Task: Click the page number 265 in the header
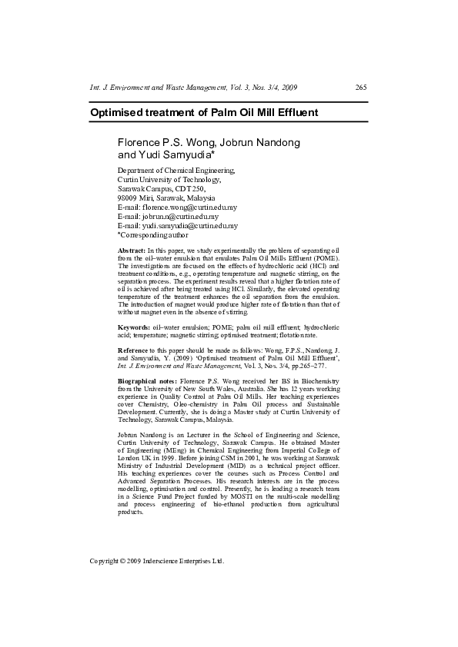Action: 361,88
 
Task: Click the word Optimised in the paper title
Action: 118,113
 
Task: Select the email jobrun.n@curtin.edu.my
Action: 179,217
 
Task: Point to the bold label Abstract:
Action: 132,251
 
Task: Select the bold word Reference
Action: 134,350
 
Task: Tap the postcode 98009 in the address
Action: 128,198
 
